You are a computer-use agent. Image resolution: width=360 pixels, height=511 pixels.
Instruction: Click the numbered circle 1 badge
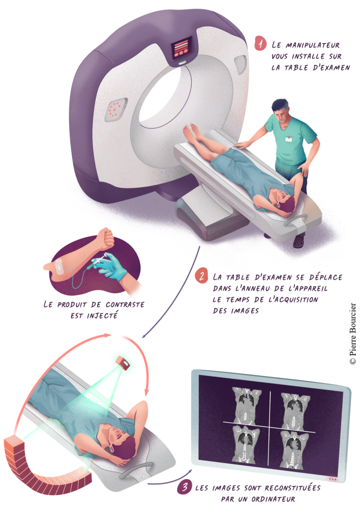coord(260,43)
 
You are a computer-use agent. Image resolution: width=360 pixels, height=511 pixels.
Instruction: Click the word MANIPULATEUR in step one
coord(313,45)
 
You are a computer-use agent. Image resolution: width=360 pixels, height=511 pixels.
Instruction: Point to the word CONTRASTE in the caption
coord(125,305)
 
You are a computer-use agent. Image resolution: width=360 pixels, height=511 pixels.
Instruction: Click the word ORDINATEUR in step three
coord(273,499)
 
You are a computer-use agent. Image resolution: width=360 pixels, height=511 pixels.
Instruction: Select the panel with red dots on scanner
coord(116,110)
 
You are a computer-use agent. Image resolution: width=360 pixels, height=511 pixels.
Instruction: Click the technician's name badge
coord(289,139)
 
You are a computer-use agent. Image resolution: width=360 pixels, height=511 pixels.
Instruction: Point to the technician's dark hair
coord(280,105)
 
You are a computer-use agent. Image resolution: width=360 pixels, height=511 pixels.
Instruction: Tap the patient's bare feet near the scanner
coord(192,132)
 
